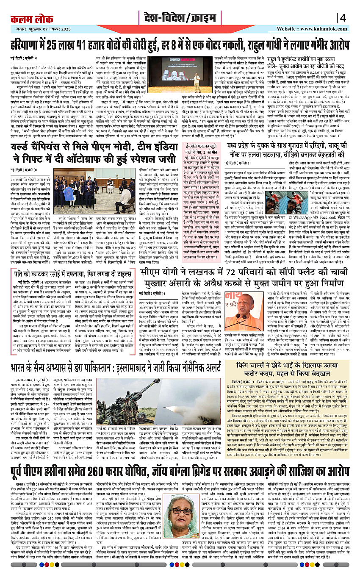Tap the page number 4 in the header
click(x=343, y=18)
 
